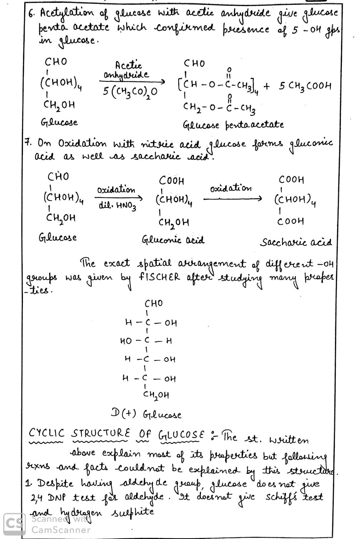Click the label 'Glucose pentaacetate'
point(233,125)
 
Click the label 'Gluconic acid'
point(173,241)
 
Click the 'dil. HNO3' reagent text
point(118,206)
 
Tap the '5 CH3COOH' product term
point(305,86)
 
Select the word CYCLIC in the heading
point(47,433)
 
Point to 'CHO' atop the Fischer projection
point(153,303)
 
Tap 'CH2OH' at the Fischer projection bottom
point(157,394)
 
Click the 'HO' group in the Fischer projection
point(126,341)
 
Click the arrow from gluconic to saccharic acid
point(232,199)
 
